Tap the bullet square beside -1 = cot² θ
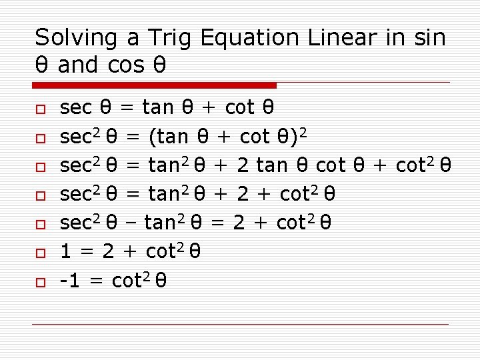coord(40,283)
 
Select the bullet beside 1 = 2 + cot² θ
coord(40,254)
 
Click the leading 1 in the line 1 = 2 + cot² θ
coord(67,252)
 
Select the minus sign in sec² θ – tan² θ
coord(131,223)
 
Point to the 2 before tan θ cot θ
coord(243,165)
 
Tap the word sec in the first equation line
coord(76,107)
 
